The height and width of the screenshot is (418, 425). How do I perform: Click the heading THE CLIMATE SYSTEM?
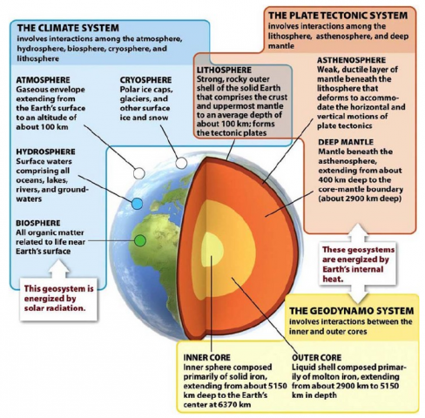[68, 28]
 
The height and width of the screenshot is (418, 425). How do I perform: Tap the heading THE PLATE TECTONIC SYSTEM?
[338, 16]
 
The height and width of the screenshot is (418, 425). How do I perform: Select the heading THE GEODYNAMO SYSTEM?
[352, 311]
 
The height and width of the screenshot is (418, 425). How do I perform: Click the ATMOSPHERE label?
[43, 80]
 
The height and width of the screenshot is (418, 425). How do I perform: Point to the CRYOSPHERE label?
[145, 80]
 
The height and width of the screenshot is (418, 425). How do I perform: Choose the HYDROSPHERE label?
[45, 152]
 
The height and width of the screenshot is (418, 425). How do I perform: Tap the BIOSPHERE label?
[38, 223]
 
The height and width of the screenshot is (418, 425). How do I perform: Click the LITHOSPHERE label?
[224, 70]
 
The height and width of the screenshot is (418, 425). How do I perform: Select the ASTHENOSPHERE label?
[351, 60]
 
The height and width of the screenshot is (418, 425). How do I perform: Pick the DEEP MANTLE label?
[346, 142]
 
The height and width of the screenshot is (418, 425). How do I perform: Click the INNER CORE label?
[206, 357]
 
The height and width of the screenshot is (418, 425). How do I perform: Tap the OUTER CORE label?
[317, 357]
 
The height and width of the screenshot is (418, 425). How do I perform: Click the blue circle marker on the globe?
[137, 204]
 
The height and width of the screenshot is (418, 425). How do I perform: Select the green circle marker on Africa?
[140, 240]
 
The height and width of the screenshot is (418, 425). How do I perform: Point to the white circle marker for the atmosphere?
[139, 173]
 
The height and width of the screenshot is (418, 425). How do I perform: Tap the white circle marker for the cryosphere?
[181, 163]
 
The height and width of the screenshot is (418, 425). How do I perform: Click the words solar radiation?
[55, 308]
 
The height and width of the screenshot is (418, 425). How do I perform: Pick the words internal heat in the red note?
[353, 274]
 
